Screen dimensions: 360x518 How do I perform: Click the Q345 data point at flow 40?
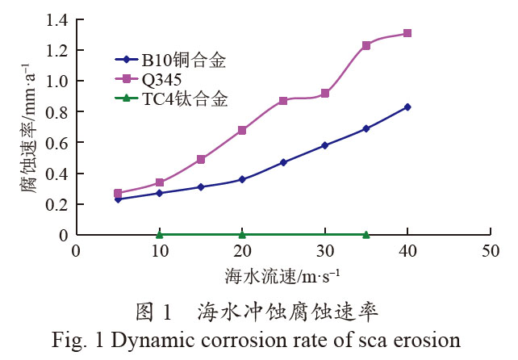click(x=407, y=33)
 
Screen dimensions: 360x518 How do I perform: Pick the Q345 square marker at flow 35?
click(x=366, y=45)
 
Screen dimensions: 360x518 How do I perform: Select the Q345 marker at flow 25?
click(x=283, y=101)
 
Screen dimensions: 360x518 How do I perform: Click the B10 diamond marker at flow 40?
click(x=407, y=107)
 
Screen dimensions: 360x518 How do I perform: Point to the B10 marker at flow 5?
click(x=118, y=199)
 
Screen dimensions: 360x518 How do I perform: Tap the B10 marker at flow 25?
click(x=283, y=162)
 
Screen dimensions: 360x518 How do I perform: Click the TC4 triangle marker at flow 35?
click(x=366, y=234)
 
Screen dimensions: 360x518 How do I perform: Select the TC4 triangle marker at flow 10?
click(x=160, y=234)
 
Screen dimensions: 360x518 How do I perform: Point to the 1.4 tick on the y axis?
click(x=57, y=19)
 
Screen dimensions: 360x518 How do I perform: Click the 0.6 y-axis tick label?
click(x=57, y=143)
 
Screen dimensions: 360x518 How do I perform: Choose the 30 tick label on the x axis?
click(x=324, y=251)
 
